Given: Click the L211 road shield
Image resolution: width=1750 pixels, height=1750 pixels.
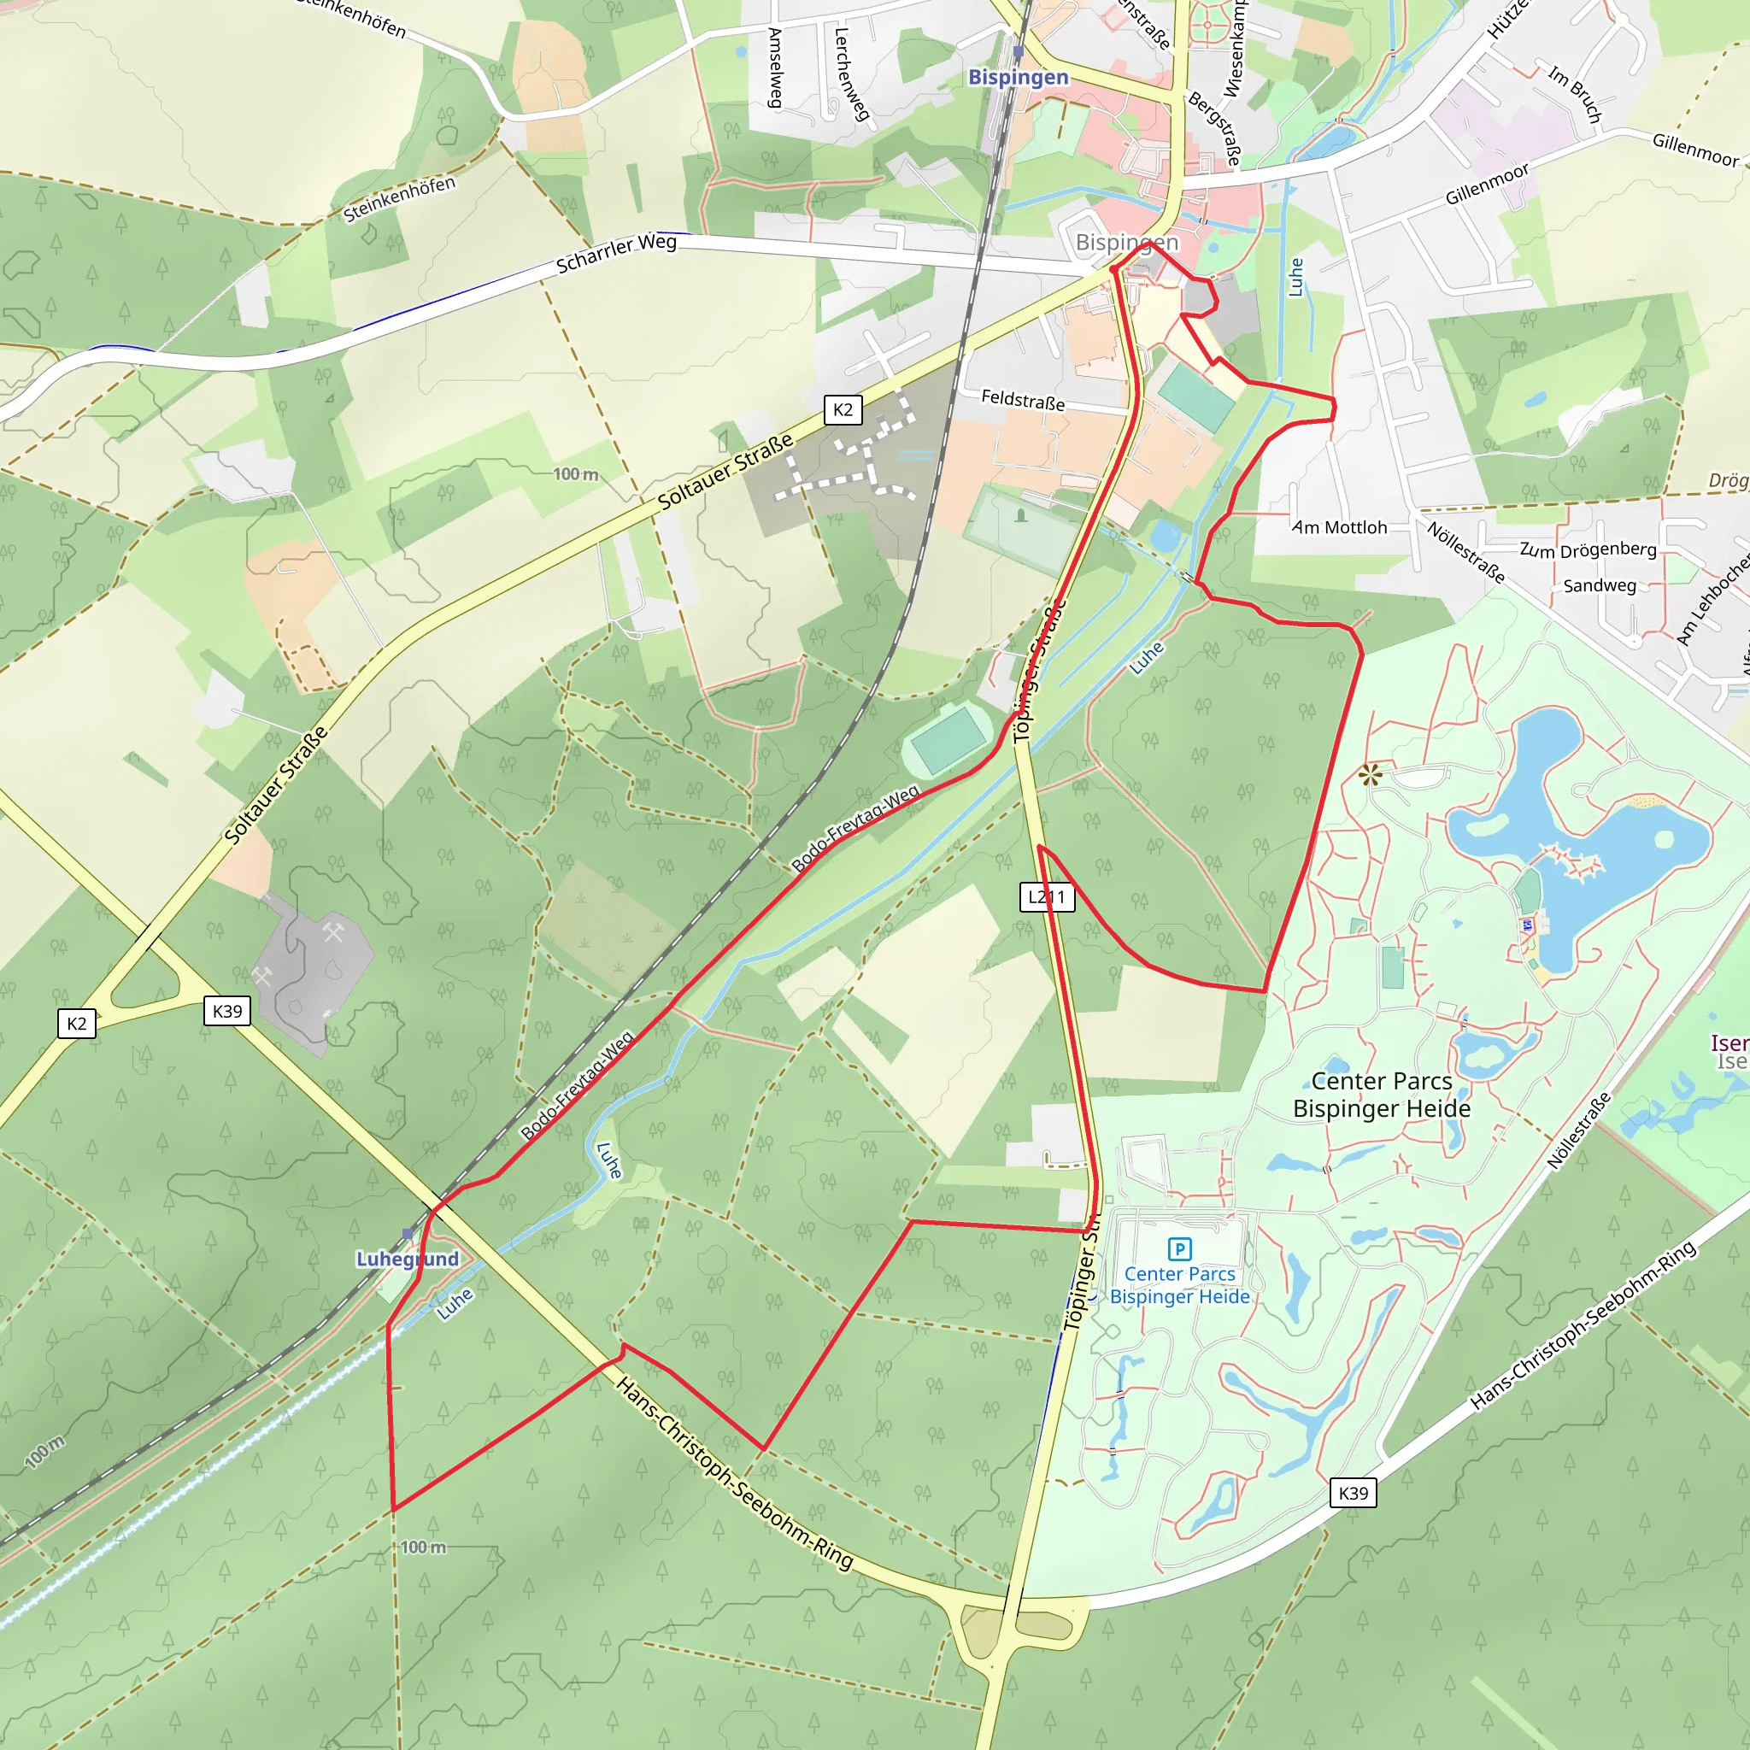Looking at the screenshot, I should pos(1047,896).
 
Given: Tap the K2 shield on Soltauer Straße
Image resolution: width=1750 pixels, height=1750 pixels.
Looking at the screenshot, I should pos(843,409).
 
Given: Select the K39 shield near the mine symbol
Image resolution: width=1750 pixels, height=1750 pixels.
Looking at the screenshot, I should pos(226,1011).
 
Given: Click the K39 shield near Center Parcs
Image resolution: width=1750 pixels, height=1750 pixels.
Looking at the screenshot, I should pos(1353,1493).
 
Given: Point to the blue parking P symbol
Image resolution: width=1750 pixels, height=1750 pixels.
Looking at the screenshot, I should pos(1179,1249).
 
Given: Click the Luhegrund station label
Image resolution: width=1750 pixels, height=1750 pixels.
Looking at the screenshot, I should pos(407,1259).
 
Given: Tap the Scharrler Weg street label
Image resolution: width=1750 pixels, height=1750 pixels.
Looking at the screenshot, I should pos(616,254).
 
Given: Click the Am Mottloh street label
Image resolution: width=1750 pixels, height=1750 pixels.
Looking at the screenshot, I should pos(1339,527).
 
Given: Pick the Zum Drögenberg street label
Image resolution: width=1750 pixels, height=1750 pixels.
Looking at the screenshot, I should pos(1588,549).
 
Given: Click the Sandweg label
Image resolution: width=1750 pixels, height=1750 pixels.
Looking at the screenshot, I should pos(1600,586).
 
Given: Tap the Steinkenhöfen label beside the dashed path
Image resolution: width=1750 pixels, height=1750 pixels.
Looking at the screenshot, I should pos(398,198).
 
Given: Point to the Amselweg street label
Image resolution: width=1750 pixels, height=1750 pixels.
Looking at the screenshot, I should pos(775,68).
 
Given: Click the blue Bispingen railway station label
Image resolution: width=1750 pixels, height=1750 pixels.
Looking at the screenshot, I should pos(1018,77).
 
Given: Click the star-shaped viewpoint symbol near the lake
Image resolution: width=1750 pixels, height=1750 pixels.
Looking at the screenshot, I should pos(1371,773).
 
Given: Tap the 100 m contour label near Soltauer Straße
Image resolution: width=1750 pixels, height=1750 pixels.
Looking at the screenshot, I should pos(576,474).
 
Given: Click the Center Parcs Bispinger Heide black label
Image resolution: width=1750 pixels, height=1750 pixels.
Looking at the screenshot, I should pos(1382,1095).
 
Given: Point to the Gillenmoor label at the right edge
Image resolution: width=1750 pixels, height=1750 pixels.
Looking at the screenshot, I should pos(1695,150).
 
